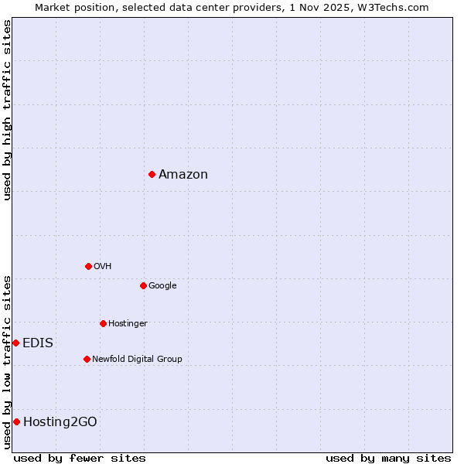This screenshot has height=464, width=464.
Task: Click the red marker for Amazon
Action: click(x=152, y=174)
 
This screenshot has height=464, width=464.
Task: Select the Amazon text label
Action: click(x=183, y=174)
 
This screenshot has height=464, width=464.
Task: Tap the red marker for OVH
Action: click(x=88, y=266)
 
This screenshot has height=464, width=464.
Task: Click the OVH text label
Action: click(x=103, y=266)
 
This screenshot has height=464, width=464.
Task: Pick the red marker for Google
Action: click(x=143, y=285)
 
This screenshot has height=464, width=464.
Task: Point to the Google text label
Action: click(x=162, y=285)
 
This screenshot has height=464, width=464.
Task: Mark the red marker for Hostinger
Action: click(x=103, y=323)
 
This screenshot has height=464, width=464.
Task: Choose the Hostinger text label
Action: click(x=128, y=323)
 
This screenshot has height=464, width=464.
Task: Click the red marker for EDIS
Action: click(x=15, y=343)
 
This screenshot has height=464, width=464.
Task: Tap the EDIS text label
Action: click(x=38, y=343)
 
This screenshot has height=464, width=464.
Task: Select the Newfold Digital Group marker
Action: click(x=87, y=359)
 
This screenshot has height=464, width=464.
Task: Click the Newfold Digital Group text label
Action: click(x=137, y=359)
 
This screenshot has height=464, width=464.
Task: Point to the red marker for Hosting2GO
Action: click(x=16, y=421)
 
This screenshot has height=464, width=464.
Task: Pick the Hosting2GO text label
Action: click(x=60, y=421)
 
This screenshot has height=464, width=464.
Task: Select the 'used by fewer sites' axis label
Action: click(x=80, y=458)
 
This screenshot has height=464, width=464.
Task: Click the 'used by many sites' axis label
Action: click(x=388, y=458)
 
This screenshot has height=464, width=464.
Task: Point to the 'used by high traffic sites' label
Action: click(x=7, y=110)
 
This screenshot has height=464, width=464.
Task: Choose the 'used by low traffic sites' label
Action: click(x=7, y=362)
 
